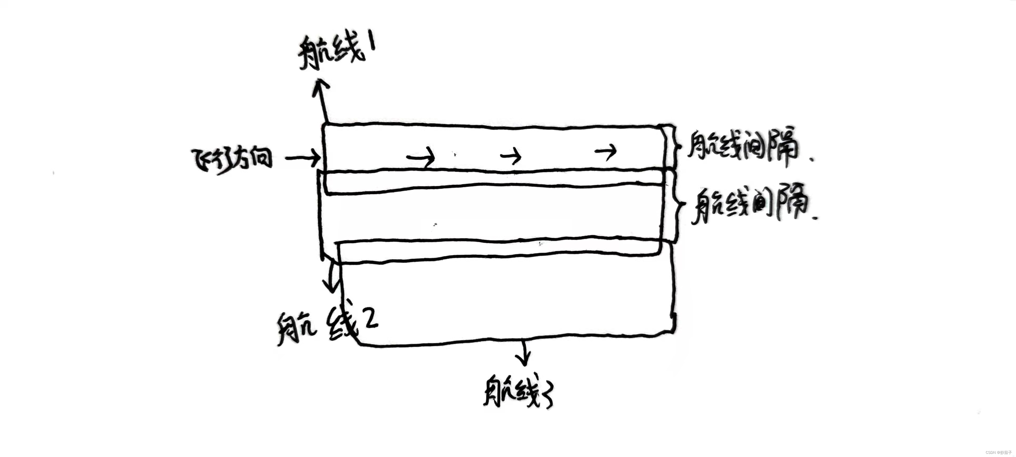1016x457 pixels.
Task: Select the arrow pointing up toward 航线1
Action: click(321, 99)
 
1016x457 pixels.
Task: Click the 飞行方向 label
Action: click(232, 161)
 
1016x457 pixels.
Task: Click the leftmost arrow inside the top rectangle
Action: click(421, 158)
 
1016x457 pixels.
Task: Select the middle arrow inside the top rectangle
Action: click(511, 156)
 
